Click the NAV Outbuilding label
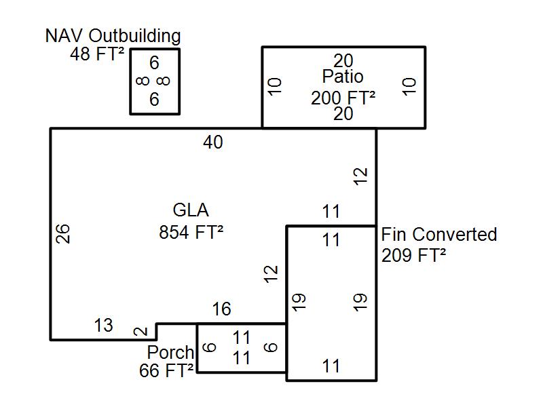point(113,36)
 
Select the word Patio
point(343,76)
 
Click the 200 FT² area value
point(343,98)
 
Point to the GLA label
point(191,210)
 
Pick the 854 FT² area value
point(191,232)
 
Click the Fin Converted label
point(439,235)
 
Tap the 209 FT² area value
point(414,256)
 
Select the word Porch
point(170,353)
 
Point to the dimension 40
point(213,142)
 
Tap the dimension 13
point(103,326)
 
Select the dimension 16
point(221,309)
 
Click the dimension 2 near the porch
point(141,332)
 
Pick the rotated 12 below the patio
point(361,176)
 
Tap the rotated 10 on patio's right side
point(409,87)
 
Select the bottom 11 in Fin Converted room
point(331,366)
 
